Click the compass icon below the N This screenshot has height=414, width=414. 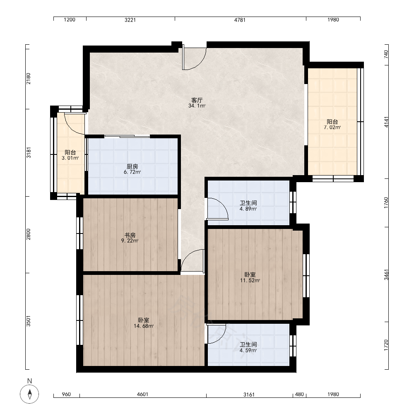click(x=29, y=394)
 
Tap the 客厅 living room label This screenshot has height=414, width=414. click(x=197, y=100)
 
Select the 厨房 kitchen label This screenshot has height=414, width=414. click(x=132, y=166)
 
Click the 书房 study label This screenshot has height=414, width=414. click(x=130, y=235)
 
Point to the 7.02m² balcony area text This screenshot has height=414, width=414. click(x=332, y=128)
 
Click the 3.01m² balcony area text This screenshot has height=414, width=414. click(x=70, y=158)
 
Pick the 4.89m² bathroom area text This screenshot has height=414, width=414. click(x=248, y=209)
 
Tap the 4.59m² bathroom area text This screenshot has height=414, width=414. click(x=248, y=351)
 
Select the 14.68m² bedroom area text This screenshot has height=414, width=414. click(x=144, y=326)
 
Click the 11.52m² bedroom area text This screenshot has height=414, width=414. click(x=250, y=280)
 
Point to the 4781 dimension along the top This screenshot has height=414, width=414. click(x=240, y=20)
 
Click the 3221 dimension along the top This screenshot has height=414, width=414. click(x=130, y=20)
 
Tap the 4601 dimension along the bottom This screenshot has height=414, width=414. click(x=142, y=395)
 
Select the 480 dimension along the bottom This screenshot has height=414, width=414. click(x=299, y=395)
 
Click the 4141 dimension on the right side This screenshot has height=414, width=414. click(x=386, y=122)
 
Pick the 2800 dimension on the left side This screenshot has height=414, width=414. click(x=28, y=234)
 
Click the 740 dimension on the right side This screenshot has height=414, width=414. click(x=386, y=54)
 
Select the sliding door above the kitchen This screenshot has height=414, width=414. click(x=127, y=136)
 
